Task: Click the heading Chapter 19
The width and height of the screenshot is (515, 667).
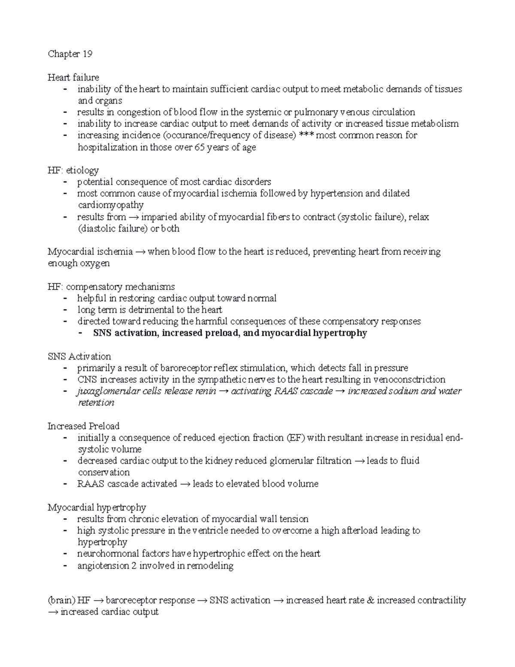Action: click(x=70, y=54)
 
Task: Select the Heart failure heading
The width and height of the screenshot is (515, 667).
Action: click(x=73, y=77)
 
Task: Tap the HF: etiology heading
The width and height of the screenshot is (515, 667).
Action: click(x=73, y=170)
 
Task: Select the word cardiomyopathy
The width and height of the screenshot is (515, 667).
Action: click(x=110, y=205)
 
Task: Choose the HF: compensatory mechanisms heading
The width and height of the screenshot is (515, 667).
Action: click(x=111, y=286)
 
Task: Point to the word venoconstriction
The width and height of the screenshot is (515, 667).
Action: click(x=409, y=380)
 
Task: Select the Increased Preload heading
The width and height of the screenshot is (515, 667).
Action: click(x=83, y=426)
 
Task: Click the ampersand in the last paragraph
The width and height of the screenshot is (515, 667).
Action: click(x=371, y=600)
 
